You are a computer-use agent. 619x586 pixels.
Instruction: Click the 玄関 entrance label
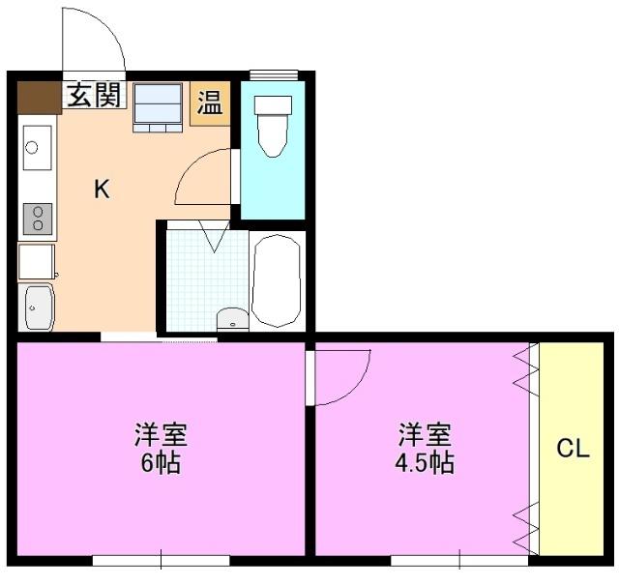(x=95, y=96)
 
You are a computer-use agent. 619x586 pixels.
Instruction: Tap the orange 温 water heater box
(x=209, y=103)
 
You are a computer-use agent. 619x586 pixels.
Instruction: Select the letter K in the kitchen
(x=102, y=190)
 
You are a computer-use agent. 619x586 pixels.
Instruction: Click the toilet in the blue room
(x=274, y=128)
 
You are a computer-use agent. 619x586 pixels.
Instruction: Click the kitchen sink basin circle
(x=32, y=148)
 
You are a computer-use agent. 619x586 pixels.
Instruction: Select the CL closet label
(x=573, y=449)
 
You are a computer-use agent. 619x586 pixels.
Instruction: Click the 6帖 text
(x=161, y=462)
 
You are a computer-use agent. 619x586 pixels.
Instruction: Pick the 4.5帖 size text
(x=424, y=462)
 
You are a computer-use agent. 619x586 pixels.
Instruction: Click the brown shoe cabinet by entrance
(x=40, y=97)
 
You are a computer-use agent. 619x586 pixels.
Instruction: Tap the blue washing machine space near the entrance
(x=158, y=104)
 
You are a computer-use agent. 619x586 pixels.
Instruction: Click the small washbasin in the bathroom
(x=232, y=319)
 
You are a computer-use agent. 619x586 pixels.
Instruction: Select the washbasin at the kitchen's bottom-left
(x=36, y=308)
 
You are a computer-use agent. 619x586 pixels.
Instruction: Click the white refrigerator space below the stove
(x=37, y=261)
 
